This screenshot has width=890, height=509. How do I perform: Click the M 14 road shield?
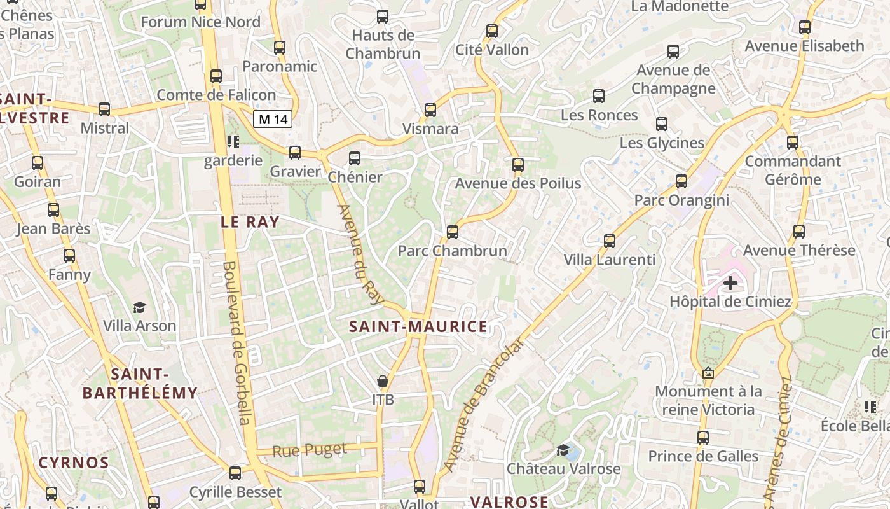(273, 119)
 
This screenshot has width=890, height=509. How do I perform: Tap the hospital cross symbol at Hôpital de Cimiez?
(730, 282)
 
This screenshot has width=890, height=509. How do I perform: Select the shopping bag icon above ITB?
(383, 381)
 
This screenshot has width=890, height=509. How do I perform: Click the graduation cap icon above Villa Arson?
(139, 308)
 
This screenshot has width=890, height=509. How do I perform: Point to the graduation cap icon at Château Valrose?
(563, 450)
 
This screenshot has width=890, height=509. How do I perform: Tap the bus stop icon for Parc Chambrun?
(453, 232)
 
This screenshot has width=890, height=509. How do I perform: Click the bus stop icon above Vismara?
(430, 110)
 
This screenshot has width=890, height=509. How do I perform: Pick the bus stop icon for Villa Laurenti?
(610, 241)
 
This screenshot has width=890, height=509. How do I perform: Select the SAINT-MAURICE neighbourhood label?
(418, 327)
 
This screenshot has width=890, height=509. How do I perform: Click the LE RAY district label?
(250, 222)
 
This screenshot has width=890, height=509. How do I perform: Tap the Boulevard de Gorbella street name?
(238, 344)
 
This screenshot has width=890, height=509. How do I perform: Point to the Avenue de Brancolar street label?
(484, 405)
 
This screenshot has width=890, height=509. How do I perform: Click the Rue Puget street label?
(310, 450)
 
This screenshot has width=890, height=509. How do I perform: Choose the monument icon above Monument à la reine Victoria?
(708, 373)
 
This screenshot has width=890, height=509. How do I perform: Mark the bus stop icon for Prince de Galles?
(702, 438)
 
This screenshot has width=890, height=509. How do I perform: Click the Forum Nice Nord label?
(200, 22)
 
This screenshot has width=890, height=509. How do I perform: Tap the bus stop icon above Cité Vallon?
(491, 31)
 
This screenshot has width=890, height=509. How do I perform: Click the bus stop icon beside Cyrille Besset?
(235, 473)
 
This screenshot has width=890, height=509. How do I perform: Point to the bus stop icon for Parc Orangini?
(681, 181)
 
